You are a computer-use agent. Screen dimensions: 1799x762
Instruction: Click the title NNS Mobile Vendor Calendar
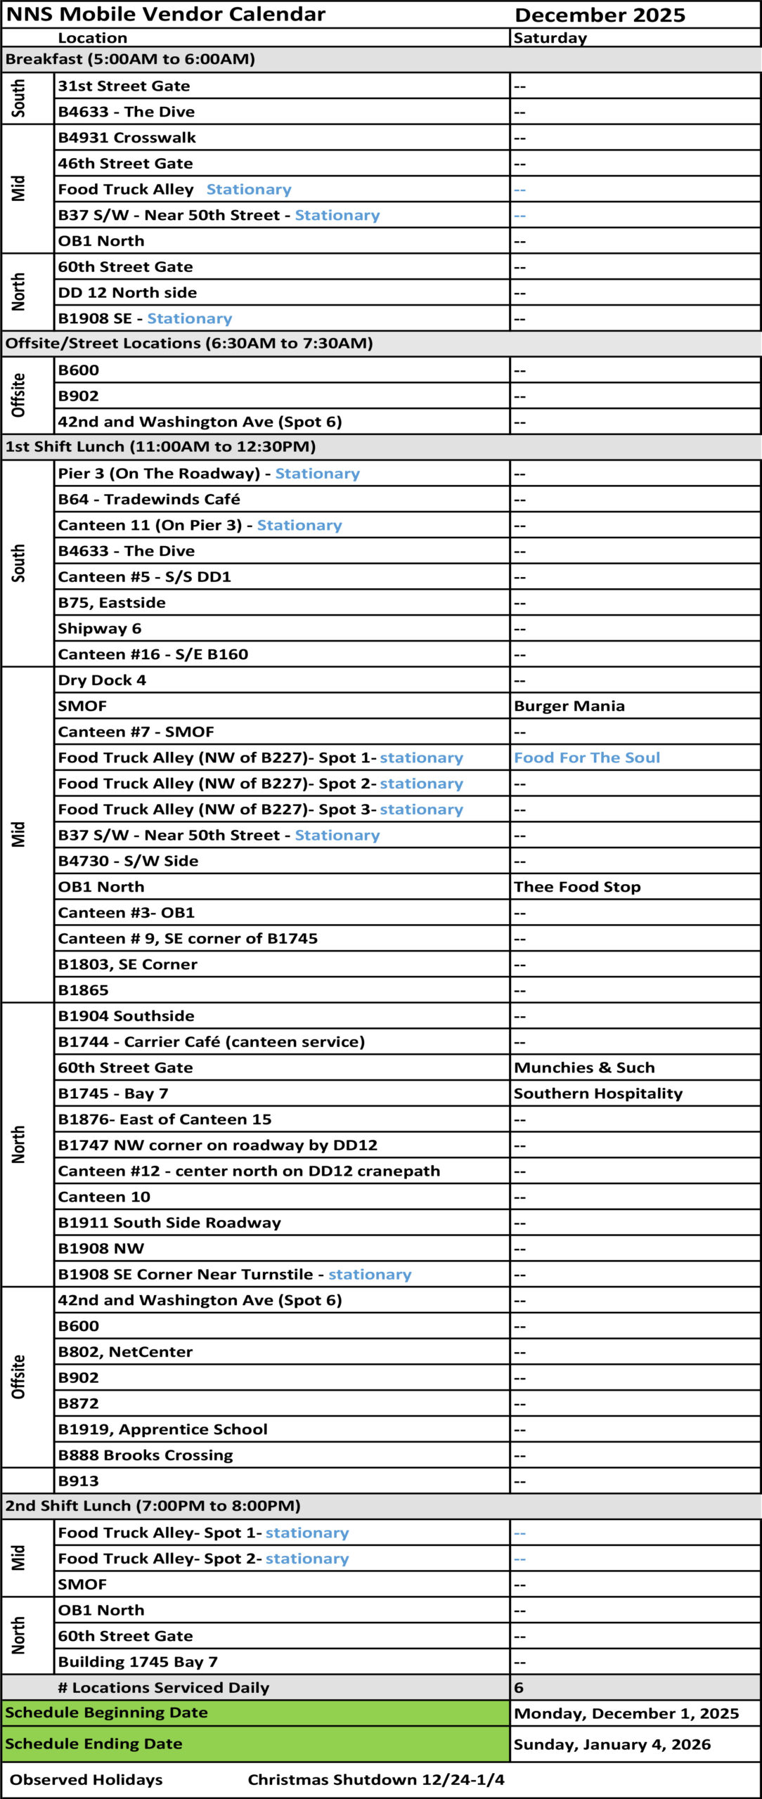(x=165, y=14)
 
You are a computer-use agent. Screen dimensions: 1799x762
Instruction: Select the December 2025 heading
(x=600, y=15)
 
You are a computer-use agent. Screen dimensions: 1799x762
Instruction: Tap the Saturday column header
(x=550, y=38)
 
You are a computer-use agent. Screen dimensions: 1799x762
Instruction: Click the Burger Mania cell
(x=569, y=706)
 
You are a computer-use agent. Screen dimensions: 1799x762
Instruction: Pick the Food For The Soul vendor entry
(x=586, y=758)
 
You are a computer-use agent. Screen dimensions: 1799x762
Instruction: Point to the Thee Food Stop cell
(x=576, y=887)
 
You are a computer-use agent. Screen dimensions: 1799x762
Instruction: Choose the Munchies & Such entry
(x=583, y=1067)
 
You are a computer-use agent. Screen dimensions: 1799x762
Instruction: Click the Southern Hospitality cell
(x=598, y=1093)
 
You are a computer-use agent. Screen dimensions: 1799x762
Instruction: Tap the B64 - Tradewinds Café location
(x=148, y=499)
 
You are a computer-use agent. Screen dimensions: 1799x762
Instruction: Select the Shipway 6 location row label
(x=99, y=628)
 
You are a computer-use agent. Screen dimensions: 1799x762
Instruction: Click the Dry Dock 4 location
(x=102, y=680)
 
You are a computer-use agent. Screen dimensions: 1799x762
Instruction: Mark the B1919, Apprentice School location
(x=162, y=1429)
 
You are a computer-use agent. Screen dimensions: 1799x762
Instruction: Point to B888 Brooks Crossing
(x=145, y=1455)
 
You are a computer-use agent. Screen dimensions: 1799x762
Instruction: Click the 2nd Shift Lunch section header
(x=153, y=1505)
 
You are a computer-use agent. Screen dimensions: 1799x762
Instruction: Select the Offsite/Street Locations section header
(x=189, y=343)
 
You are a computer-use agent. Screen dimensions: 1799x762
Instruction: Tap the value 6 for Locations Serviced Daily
(x=519, y=1687)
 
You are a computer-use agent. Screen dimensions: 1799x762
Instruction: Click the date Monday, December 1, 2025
(x=626, y=1713)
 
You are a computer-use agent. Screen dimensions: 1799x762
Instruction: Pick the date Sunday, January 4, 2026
(x=612, y=1744)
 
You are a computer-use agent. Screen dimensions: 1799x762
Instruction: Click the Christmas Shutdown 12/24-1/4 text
(x=375, y=1779)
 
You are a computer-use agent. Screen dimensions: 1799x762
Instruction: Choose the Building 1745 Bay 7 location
(x=138, y=1661)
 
